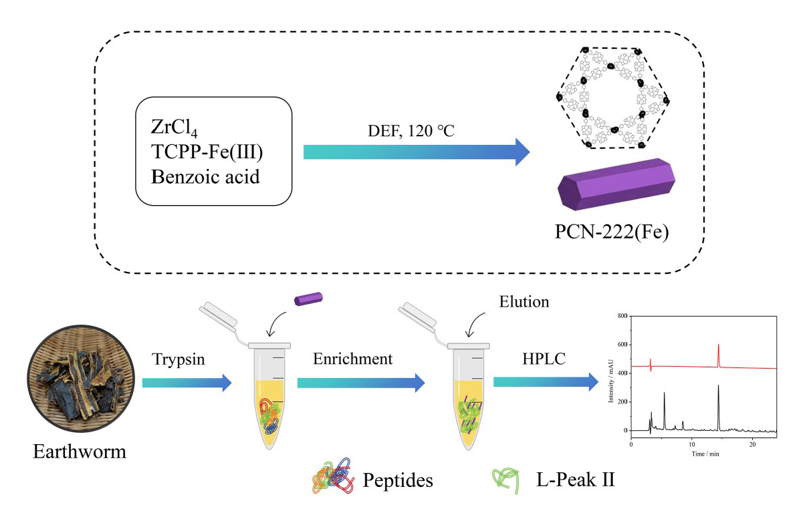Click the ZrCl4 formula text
pyautogui.click(x=174, y=128)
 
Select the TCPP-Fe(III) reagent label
pyautogui.click(x=207, y=152)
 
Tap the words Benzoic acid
pyautogui.click(x=205, y=177)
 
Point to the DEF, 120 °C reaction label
pyautogui.click(x=411, y=130)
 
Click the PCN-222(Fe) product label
pyautogui.click(x=612, y=232)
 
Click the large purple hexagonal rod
pyautogui.click(x=616, y=184)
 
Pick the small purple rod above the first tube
pyautogui.click(x=308, y=299)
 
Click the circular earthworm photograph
pyautogui.click(x=82, y=379)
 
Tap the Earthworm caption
pyautogui.click(x=80, y=452)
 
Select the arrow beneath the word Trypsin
pyautogui.click(x=187, y=383)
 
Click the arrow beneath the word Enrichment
pyautogui.click(x=361, y=383)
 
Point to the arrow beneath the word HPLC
pyautogui.click(x=546, y=381)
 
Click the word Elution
pyautogui.click(x=524, y=301)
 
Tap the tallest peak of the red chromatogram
pyautogui.click(x=718, y=345)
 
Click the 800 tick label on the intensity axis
pyautogui.click(x=622, y=316)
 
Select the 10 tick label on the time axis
pyautogui.click(x=691, y=444)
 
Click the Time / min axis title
pyautogui.click(x=705, y=454)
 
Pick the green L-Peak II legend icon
pyautogui.click(x=505, y=480)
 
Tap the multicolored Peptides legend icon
pyautogui.click(x=333, y=476)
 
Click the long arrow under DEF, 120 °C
pyautogui.click(x=417, y=152)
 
